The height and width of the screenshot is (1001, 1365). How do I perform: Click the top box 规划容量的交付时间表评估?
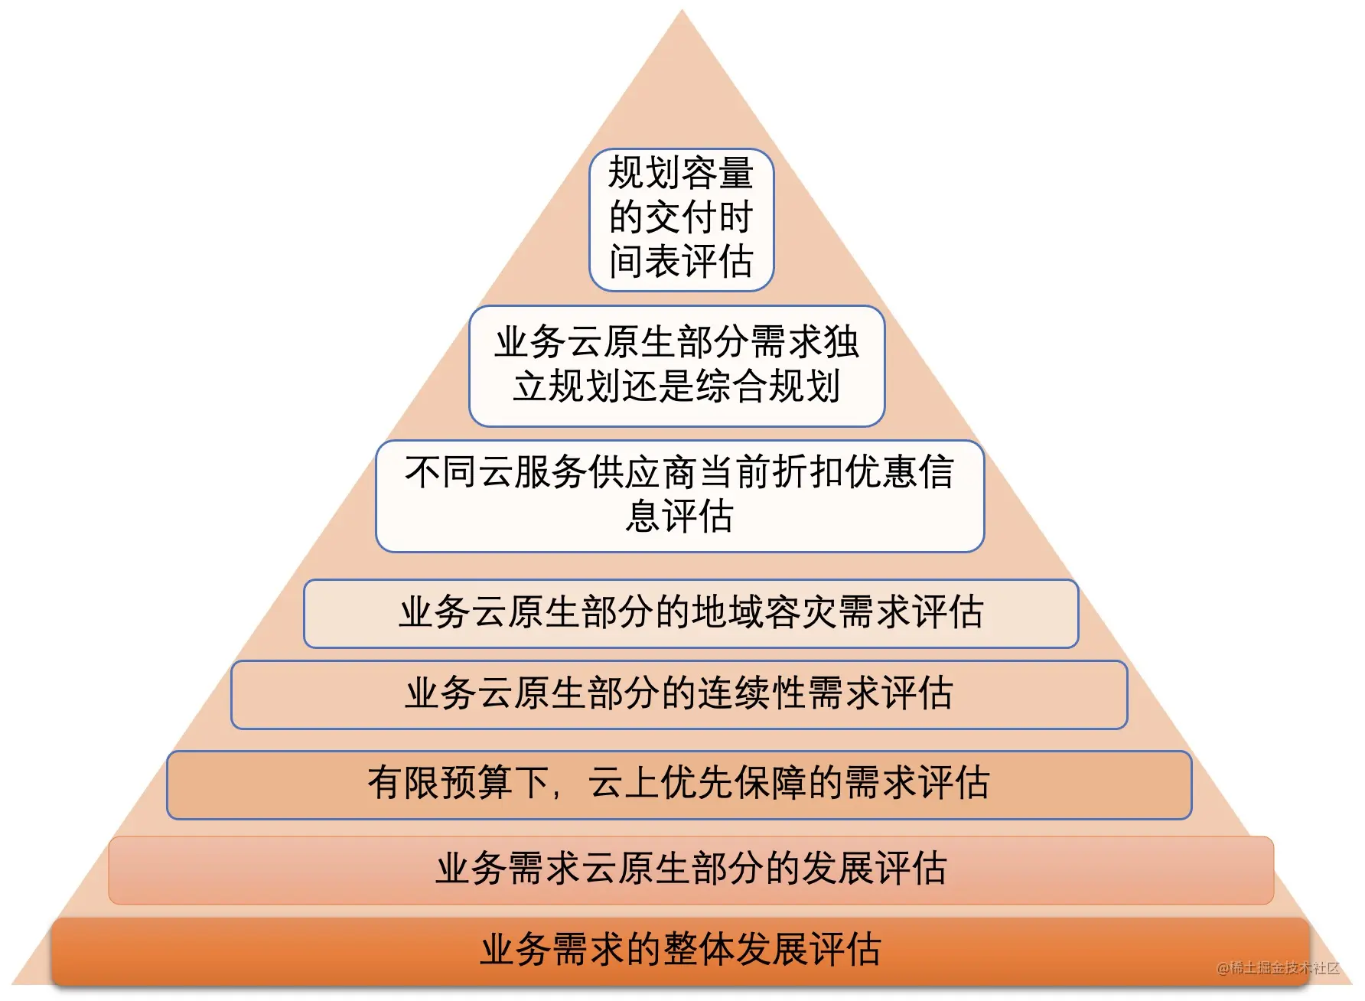pyautogui.click(x=681, y=220)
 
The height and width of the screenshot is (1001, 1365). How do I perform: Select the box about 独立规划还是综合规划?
pyautogui.click(x=676, y=366)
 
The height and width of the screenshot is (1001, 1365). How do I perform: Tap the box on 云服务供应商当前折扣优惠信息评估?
pyautogui.click(x=679, y=496)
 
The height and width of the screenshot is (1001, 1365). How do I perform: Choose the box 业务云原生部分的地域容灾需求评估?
pyautogui.click(x=691, y=614)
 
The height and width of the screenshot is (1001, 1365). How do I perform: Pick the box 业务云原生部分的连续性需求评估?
pyautogui.click(x=679, y=695)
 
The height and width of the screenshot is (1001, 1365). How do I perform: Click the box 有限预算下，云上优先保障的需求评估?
pyautogui.click(x=679, y=785)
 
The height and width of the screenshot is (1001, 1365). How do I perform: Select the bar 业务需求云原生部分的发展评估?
pyautogui.click(x=691, y=870)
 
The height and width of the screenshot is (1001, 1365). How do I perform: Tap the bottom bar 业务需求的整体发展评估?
pyautogui.click(x=680, y=951)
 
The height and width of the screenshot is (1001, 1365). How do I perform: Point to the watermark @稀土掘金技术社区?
pyautogui.click(x=1278, y=968)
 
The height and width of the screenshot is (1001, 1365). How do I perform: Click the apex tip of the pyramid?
pyautogui.click(x=682, y=10)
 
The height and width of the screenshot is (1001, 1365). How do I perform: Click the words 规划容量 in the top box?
pyautogui.click(x=681, y=172)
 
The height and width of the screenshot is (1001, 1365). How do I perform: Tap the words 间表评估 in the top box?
pyautogui.click(x=681, y=262)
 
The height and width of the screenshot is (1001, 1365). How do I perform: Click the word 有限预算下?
pyautogui.click(x=458, y=783)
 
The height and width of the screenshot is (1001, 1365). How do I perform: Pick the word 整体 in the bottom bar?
pyautogui.click(x=699, y=950)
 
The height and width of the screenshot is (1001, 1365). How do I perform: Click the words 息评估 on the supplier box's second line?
pyautogui.click(x=679, y=516)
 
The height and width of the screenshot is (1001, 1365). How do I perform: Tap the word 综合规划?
pyautogui.click(x=768, y=386)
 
